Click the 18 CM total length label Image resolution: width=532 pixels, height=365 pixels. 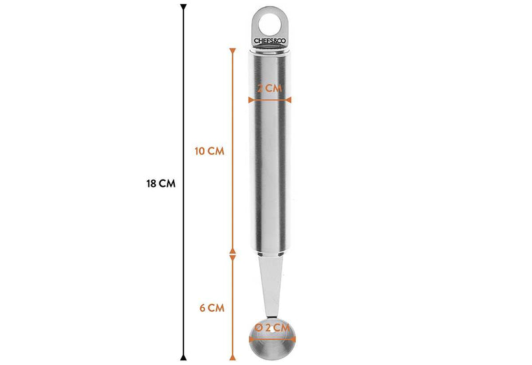click(x=160, y=184)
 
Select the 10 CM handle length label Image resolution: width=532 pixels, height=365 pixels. click(x=209, y=151)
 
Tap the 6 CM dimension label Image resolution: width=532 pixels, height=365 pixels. click(x=211, y=308)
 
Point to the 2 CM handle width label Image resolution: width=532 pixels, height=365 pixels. click(x=269, y=88)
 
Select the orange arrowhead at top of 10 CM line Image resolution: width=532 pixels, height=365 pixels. click(x=232, y=52)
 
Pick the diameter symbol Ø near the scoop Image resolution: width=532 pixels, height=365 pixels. click(x=257, y=327)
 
